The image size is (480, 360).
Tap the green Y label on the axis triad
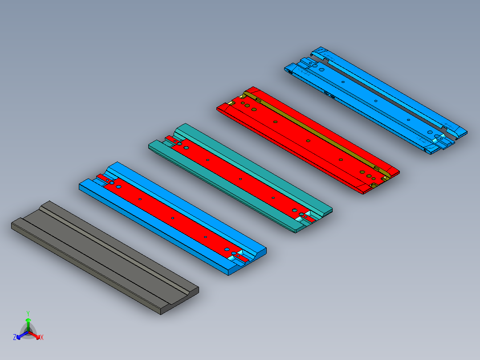(28, 314)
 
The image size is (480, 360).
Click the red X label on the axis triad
(42, 337)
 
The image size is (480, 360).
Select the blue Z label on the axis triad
(15, 337)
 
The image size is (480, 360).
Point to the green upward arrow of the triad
(28, 325)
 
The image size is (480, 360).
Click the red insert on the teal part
(240, 178)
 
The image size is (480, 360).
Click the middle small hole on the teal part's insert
(240, 179)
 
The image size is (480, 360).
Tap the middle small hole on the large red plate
(308, 141)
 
